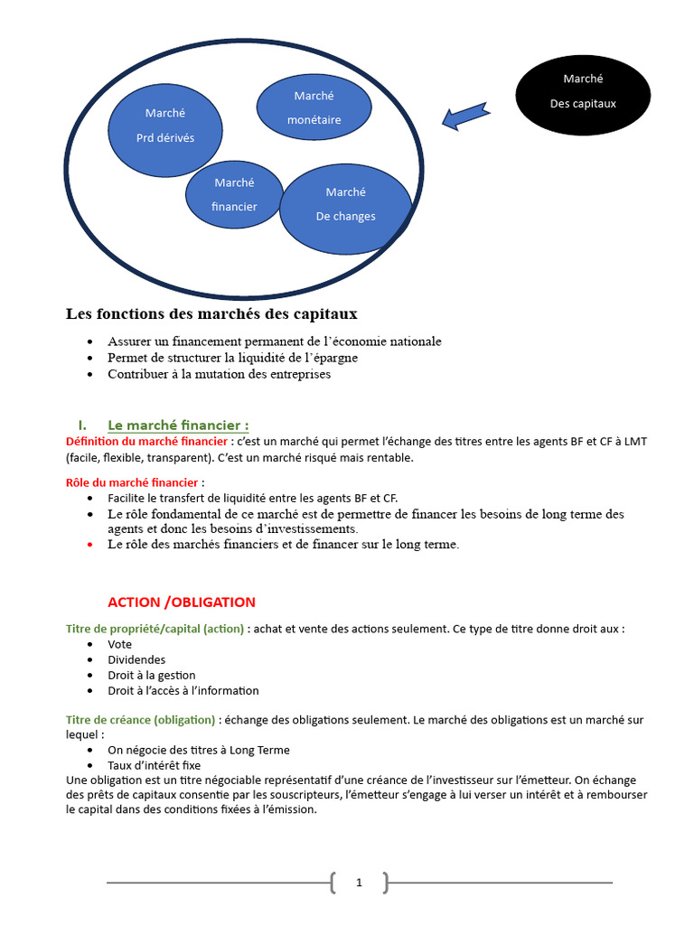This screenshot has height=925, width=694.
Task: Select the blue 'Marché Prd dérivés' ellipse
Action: [165, 126]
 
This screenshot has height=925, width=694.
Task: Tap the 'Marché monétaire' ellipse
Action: [314, 107]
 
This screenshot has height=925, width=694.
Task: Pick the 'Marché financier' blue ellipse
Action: [234, 194]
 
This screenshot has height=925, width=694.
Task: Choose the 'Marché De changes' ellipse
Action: [346, 210]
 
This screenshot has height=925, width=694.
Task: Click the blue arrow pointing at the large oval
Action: [466, 115]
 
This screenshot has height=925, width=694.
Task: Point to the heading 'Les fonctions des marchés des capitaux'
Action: [211, 314]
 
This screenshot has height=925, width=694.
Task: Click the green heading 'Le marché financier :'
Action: [178, 425]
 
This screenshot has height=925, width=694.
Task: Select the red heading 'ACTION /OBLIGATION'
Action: [182, 602]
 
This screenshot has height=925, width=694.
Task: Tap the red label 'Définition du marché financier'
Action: [147, 441]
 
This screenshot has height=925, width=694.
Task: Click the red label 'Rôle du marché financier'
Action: [133, 482]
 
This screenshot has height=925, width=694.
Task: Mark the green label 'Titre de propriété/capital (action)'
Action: [155, 628]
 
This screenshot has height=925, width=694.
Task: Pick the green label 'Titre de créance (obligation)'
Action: [141, 720]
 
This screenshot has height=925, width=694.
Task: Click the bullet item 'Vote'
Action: [120, 644]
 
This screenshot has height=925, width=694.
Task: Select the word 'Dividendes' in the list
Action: [136, 659]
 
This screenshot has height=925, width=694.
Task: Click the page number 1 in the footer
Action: [359, 883]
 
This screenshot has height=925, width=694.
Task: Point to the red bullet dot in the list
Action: [90, 545]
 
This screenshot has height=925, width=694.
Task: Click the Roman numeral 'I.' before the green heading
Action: [82, 425]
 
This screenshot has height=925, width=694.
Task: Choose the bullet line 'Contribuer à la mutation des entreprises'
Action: [219, 374]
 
